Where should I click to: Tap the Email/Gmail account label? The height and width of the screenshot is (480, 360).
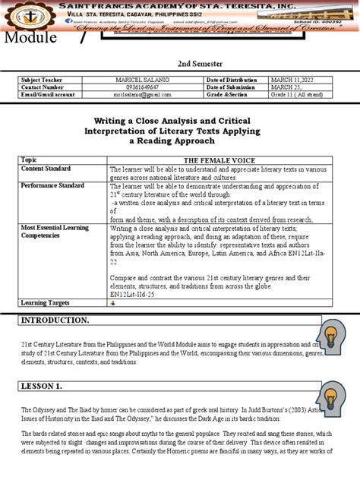click(x=48, y=95)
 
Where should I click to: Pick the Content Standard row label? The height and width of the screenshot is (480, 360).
click(x=46, y=169)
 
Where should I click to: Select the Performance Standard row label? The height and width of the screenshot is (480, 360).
click(x=52, y=185)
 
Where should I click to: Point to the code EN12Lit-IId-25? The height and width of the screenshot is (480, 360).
click(x=134, y=292)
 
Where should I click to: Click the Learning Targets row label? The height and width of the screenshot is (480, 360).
click(x=46, y=302)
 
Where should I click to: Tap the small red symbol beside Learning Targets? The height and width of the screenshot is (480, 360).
click(x=112, y=303)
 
